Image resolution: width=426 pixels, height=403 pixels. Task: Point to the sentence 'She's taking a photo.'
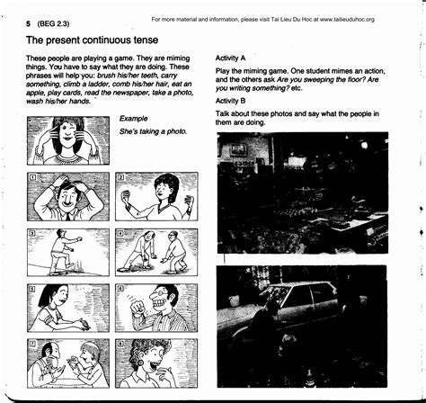pos(153,131)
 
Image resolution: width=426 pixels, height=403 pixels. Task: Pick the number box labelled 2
pos(120,178)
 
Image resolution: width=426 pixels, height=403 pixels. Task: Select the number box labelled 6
pos(120,290)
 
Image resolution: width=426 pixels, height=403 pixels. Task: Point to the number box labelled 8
pos(120,345)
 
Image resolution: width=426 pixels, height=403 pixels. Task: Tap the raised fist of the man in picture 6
pos(140,314)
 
